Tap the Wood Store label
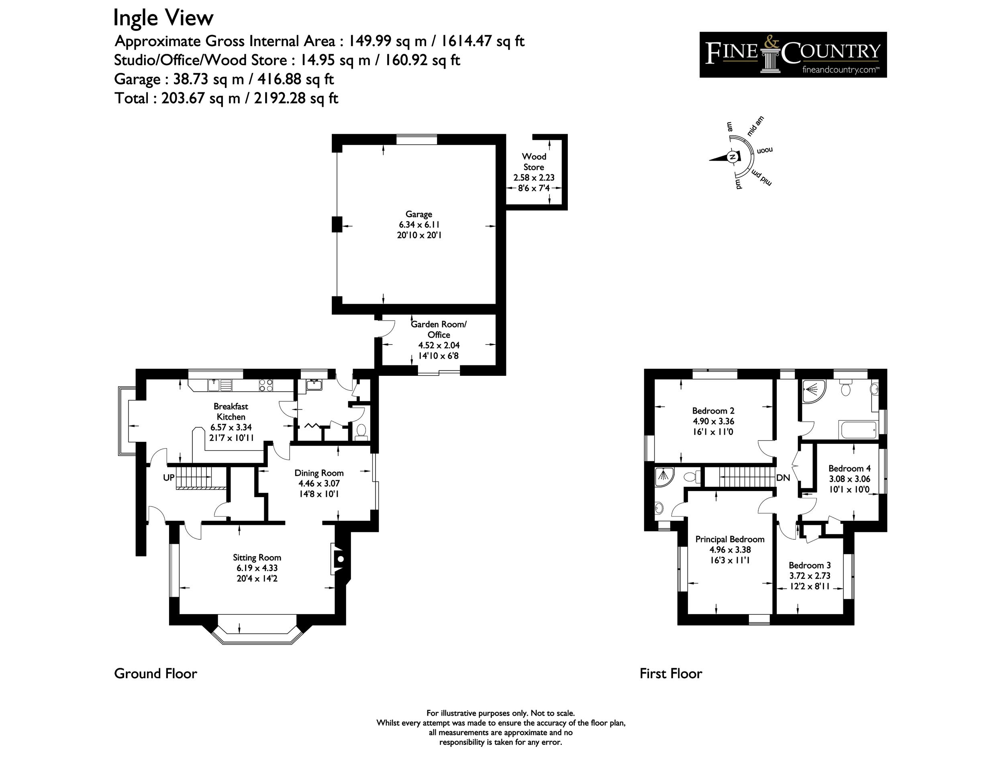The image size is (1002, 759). tap(534, 162)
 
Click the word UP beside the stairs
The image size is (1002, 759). tap(169, 477)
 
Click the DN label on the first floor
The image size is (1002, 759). tap(783, 477)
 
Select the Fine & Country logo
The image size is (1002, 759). tap(793, 54)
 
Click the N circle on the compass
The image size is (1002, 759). tap(733, 157)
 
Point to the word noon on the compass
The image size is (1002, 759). tap(765, 150)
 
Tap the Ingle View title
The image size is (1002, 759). tap(163, 18)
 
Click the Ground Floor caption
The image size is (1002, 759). tap(155, 674)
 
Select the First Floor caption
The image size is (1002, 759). tap(671, 674)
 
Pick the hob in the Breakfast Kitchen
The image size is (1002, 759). tap(266, 386)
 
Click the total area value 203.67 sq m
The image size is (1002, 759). tap(200, 98)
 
